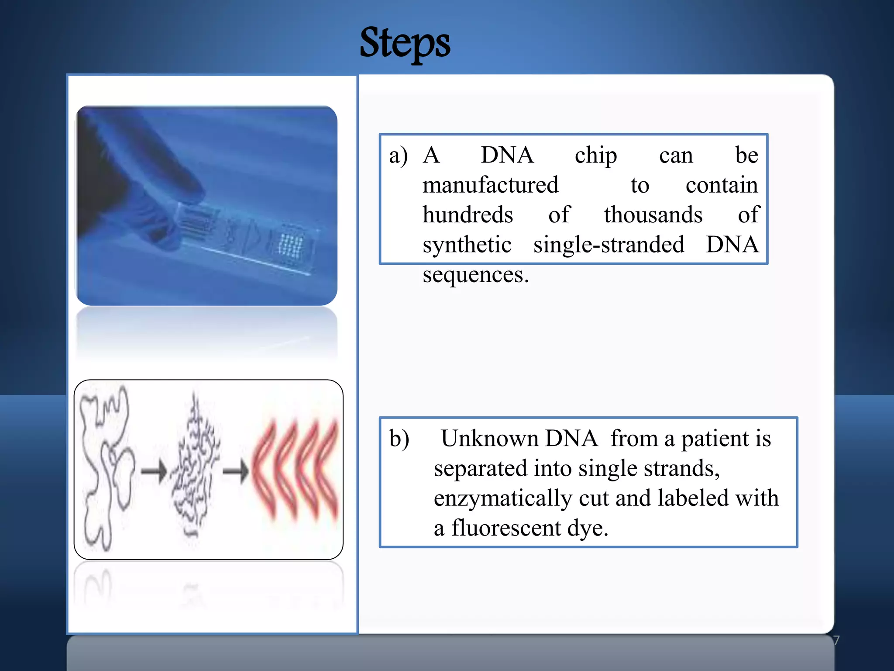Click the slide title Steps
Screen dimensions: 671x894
(x=405, y=43)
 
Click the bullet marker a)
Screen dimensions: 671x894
(x=398, y=156)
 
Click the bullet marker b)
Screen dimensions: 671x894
(x=399, y=439)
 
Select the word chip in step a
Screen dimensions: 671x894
(x=595, y=156)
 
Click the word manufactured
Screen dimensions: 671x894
(x=490, y=185)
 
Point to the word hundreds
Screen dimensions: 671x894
(x=468, y=215)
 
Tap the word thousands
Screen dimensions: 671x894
(x=653, y=215)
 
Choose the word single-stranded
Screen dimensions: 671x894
(x=609, y=245)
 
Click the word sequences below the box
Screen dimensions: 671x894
(x=475, y=275)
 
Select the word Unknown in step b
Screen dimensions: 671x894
(x=489, y=439)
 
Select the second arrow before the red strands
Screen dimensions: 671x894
(x=236, y=471)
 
